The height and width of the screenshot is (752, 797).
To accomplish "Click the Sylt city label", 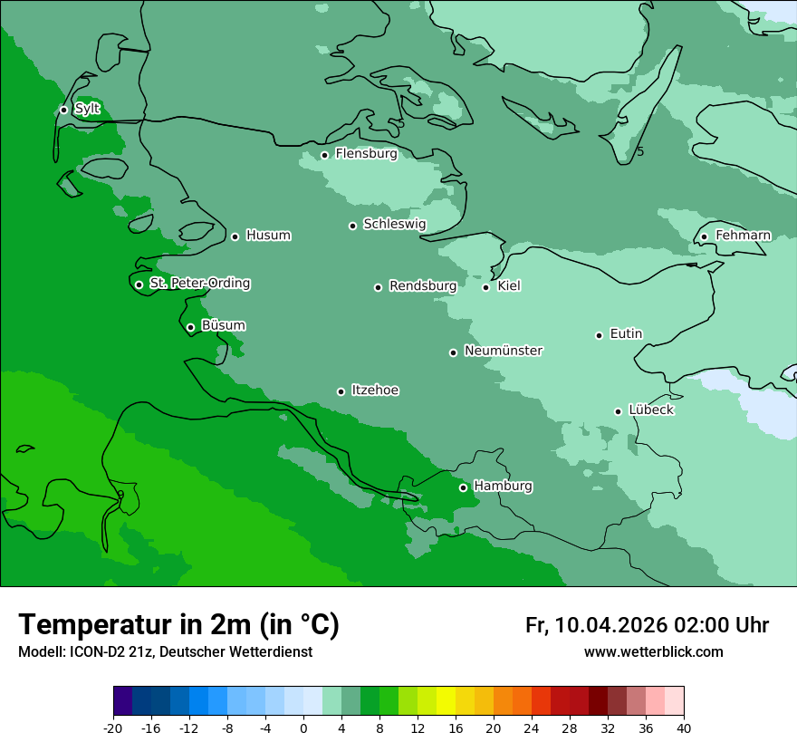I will [x=87, y=109].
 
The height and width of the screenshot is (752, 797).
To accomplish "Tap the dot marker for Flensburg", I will [x=324, y=155].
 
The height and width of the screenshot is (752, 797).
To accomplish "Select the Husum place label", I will [x=268, y=236].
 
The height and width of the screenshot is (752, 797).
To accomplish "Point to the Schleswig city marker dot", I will [x=352, y=226].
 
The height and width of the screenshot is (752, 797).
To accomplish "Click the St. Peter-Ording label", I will [x=199, y=284].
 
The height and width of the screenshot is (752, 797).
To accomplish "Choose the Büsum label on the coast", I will [x=223, y=325].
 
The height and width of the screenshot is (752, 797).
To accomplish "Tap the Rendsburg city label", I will [x=423, y=286].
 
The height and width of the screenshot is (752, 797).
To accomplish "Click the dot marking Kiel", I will [x=485, y=287].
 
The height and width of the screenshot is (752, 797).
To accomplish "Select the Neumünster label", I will [x=504, y=351].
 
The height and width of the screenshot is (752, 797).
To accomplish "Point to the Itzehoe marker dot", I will [x=341, y=391].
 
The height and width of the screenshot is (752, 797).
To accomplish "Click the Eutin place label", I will [x=626, y=334].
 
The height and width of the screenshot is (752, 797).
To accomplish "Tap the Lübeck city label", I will [x=650, y=410].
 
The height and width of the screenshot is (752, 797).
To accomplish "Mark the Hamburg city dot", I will [x=463, y=487].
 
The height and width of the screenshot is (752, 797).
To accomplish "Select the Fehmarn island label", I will [x=743, y=236].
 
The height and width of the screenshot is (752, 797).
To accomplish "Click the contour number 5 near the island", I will [x=640, y=151].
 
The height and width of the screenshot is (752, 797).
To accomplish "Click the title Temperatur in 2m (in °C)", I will [x=178, y=624].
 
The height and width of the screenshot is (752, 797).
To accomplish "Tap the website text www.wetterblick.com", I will [x=653, y=652].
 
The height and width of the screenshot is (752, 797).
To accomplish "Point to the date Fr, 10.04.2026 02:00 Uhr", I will [x=647, y=625].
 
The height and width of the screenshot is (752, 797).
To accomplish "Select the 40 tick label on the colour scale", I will [x=684, y=728].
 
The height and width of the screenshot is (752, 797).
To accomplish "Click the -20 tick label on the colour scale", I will [x=113, y=728].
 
